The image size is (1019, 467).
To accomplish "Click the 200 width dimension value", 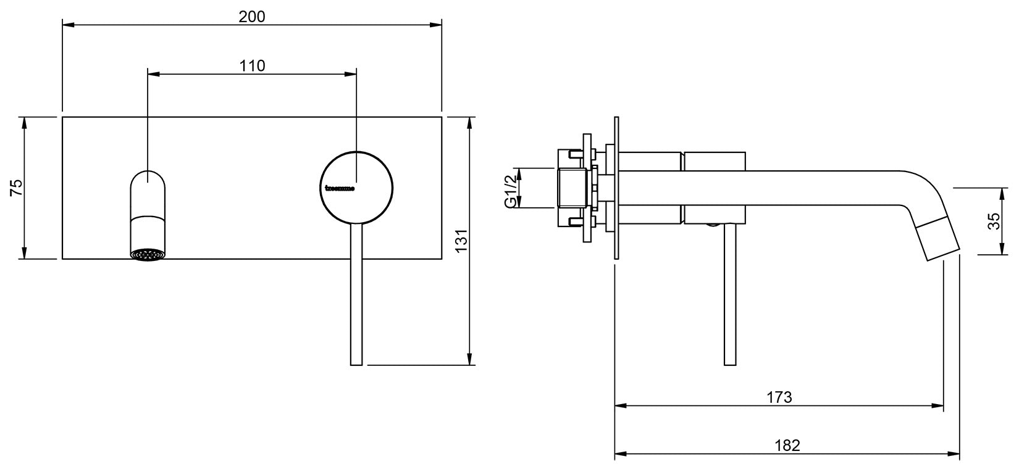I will point(252,17).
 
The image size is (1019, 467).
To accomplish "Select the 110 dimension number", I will point(252,65).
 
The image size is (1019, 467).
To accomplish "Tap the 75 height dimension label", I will point(17,188).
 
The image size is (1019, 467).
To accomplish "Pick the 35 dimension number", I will point(994,221).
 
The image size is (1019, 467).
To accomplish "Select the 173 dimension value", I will point(779,397).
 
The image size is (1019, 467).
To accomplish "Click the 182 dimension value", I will point(787,445).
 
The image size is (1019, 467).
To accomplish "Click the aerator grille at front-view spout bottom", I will point(148,255).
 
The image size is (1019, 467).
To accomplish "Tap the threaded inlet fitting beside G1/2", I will point(571,188).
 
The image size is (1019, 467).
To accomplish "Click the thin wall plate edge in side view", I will point(616,188).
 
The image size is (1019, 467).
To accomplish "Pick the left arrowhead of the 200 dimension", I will point(67,25).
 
